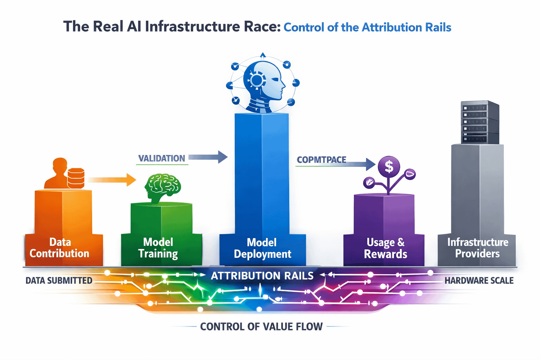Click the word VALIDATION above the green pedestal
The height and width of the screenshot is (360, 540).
tap(161, 159)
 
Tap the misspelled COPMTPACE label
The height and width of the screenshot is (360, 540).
tap(321, 160)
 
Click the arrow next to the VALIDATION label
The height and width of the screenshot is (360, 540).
tap(208, 157)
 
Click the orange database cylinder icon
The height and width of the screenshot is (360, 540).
tap(76, 178)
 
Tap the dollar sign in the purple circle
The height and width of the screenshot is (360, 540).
tap(389, 166)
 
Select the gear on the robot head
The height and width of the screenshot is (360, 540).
tap(257, 79)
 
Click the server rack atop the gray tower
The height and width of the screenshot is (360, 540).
tap(480, 122)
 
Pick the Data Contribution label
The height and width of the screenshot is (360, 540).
tap(59, 247)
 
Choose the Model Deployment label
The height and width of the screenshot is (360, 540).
tap(262, 248)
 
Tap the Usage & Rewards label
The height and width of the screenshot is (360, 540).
tap(385, 248)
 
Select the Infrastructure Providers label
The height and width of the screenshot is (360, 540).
tap(477, 248)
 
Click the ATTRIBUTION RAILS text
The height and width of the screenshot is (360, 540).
tap(262, 276)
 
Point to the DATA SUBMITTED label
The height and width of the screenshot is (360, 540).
tap(59, 281)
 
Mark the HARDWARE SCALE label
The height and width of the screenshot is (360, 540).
tap(479, 281)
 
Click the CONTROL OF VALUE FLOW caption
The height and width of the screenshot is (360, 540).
tap(261, 327)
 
